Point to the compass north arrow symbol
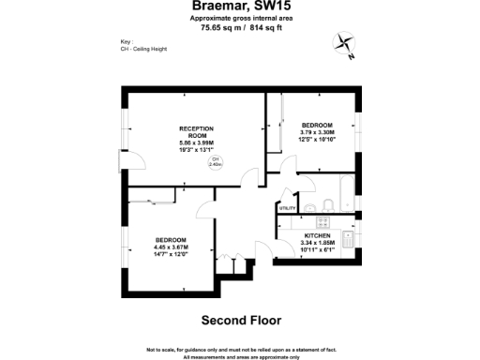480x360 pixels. click(x=342, y=44)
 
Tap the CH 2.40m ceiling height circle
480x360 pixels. click(x=215, y=162)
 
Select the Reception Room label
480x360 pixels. click(x=197, y=131)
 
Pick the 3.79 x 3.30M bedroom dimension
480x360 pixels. click(x=317, y=132)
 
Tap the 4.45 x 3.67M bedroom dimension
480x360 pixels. click(x=172, y=247)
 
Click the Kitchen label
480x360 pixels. click(x=317, y=236)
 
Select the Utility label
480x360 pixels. click(x=287, y=208)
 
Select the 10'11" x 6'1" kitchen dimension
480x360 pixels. click(x=317, y=250)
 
